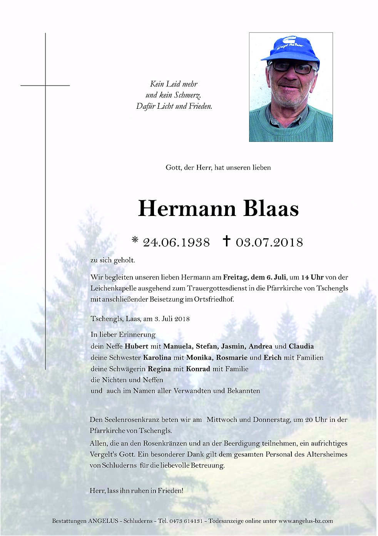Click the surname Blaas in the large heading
coord(271,209)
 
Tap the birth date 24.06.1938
coord(176,242)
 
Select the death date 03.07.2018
coord(269,242)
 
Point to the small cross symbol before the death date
coord(227,241)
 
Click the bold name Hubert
coord(136,346)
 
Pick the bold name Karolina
coord(157,357)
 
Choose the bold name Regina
coord(159,369)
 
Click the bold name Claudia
coord(301,346)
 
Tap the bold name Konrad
coord(198,369)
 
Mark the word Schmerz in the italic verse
coord(187,95)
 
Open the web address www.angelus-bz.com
coord(306,521)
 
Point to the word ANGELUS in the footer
coord(103,521)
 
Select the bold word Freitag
coord(236,277)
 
